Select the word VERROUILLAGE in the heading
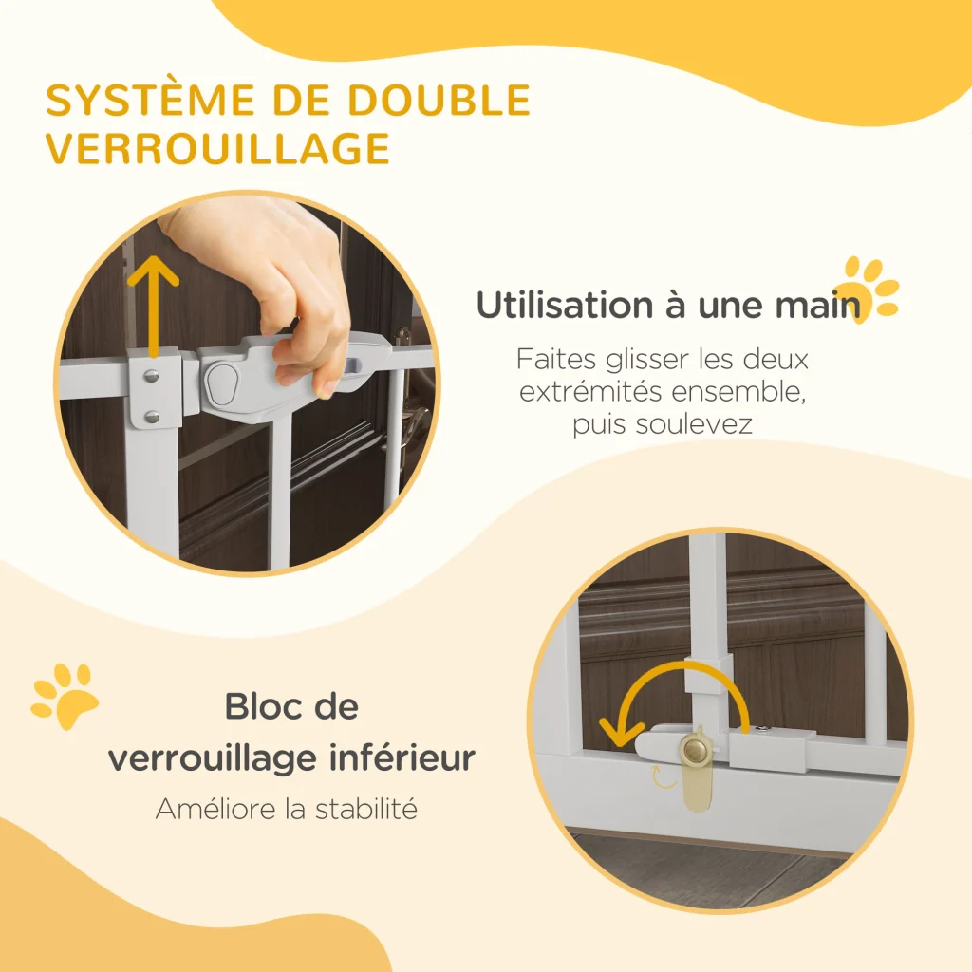click(217, 149)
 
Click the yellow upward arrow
click(153, 307)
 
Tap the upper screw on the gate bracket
click(151, 376)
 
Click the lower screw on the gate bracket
click(152, 417)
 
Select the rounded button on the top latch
click(221, 384)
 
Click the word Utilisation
click(564, 306)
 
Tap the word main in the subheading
click(819, 306)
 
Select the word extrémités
click(590, 392)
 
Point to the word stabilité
click(366, 809)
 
